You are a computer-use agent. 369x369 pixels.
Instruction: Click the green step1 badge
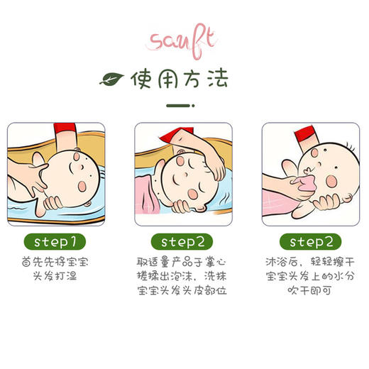[56, 241]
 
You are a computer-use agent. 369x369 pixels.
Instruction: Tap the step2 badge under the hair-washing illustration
[184, 241]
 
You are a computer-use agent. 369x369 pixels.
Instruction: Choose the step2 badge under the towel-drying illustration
[312, 241]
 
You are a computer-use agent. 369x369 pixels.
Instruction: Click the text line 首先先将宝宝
[56, 262]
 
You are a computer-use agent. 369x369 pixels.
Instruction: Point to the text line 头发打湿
[56, 276]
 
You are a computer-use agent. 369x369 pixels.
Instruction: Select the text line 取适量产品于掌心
[184, 262]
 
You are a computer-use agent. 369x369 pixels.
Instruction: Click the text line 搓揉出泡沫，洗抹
[184, 276]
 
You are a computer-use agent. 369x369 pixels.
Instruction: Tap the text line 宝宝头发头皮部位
[184, 291]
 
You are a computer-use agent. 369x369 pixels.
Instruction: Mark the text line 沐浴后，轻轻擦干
[312, 262]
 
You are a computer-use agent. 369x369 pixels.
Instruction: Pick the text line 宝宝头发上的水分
[312, 276]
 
